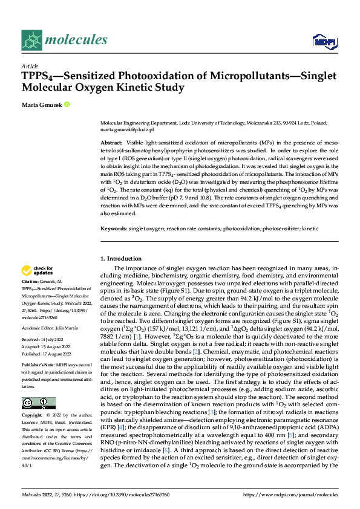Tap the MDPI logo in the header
tap(323, 41)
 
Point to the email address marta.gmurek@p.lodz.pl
tap(127, 129)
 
